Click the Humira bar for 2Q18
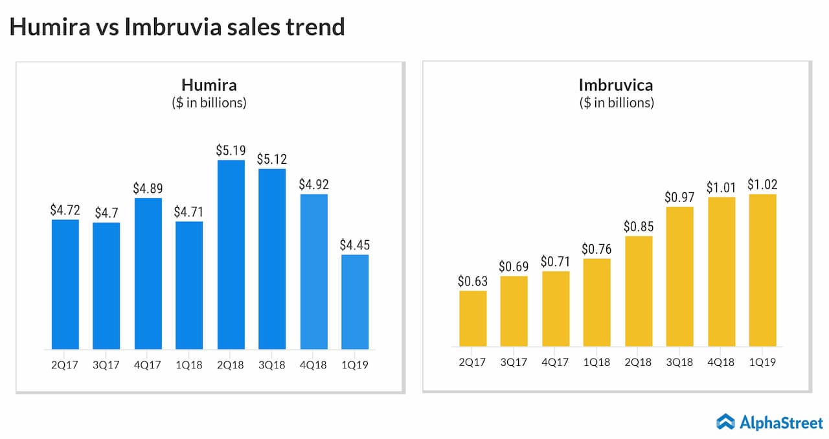click(231, 254)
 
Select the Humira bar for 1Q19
click(355, 302)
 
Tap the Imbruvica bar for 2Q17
click(473, 319)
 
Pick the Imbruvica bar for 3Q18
click(680, 276)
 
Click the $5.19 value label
click(231, 150)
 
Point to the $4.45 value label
click(355, 245)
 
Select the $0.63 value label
click(473, 281)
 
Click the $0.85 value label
click(639, 227)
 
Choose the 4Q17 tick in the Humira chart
click(148, 365)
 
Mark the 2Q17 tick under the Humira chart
click(65, 365)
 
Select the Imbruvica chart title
click(616, 85)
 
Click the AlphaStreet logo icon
click(725, 422)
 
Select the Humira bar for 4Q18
click(314, 271)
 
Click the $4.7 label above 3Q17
click(106, 212)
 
